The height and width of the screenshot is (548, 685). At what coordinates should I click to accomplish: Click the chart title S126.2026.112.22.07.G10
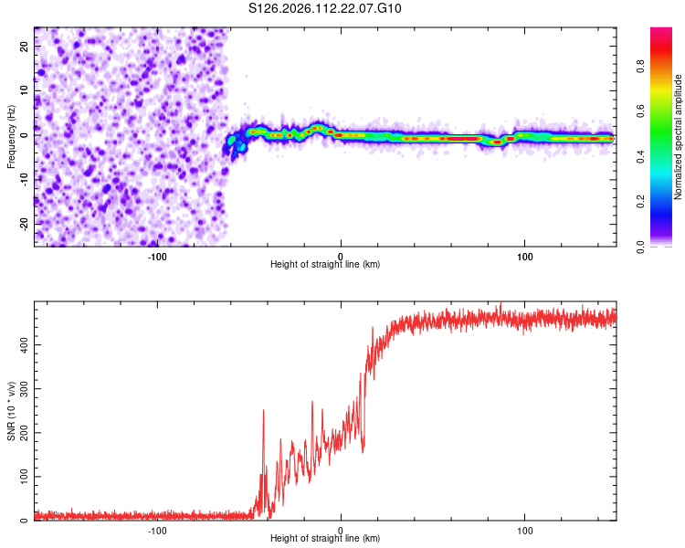pyautogui.click(x=325, y=9)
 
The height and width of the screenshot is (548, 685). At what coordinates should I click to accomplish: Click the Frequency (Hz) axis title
pyautogui.click(x=11, y=136)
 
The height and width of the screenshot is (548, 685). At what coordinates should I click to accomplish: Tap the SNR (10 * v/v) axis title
pyautogui.click(x=11, y=411)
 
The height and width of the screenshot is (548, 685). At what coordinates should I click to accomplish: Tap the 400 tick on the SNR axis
pyautogui.click(x=23, y=344)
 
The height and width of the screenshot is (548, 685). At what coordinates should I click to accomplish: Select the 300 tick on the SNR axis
pyautogui.click(x=23, y=388)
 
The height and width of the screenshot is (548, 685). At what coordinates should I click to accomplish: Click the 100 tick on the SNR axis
pyautogui.click(x=23, y=477)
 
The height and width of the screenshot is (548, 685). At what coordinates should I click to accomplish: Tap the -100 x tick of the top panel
pyautogui.click(x=157, y=256)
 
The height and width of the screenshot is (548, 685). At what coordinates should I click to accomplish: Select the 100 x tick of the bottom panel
pyautogui.click(x=525, y=530)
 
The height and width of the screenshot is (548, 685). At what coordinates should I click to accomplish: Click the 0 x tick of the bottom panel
pyautogui.click(x=341, y=530)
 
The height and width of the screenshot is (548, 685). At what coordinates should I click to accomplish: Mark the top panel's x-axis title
pyautogui.click(x=325, y=265)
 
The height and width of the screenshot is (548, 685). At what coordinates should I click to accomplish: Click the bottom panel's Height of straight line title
pyautogui.click(x=325, y=539)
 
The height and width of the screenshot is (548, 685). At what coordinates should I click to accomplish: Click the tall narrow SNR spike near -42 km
pyautogui.click(x=264, y=413)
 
